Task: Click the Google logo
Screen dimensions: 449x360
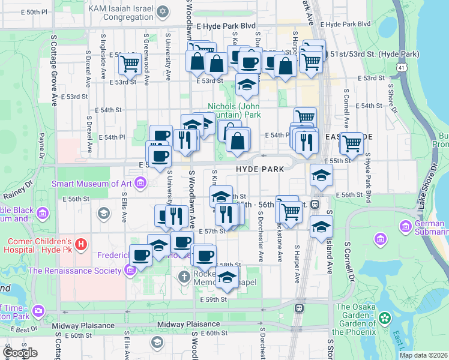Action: tap(20, 353)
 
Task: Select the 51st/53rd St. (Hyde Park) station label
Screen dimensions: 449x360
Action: tap(373, 54)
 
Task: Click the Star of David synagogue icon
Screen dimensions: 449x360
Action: tap(163, 12)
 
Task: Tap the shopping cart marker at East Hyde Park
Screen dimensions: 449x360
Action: tap(352, 143)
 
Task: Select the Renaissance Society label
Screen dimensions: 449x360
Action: tap(74, 271)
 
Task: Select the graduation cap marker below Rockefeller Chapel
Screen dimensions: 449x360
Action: tap(226, 278)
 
